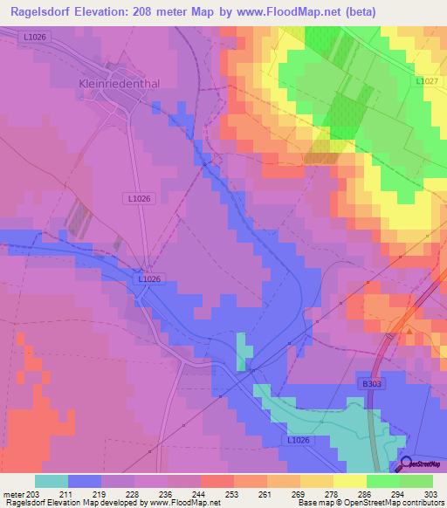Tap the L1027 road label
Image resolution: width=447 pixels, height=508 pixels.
point(426,81)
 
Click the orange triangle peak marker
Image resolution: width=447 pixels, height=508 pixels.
point(409,331)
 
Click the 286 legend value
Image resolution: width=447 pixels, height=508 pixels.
point(366,493)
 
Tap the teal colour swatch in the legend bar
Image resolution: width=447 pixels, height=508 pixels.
point(51,481)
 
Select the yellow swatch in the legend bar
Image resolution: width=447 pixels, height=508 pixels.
point(348,481)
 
